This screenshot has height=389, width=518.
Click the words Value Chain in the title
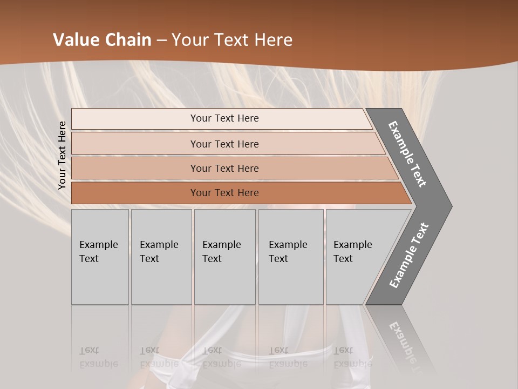tap(102, 40)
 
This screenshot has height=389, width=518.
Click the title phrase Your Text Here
tap(232, 40)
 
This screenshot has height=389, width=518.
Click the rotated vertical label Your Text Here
tap(62, 156)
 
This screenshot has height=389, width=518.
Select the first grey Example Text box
tap(100, 257)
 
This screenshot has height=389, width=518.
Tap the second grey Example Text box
tap(161, 257)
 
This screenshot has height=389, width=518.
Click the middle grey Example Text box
tap(224, 257)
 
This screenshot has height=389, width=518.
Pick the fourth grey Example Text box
tap(291, 257)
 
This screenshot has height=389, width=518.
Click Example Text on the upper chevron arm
tap(408, 154)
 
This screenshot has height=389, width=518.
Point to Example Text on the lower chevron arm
tap(409, 255)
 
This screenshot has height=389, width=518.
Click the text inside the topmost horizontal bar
tap(224, 118)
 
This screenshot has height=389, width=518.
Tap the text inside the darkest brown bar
tap(224, 193)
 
